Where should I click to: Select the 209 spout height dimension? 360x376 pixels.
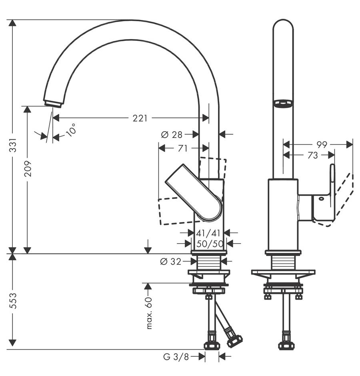[28, 169]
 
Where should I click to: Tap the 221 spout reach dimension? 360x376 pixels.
[140, 118]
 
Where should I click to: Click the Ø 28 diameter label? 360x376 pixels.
[172, 135]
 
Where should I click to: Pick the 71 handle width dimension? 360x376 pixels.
[183, 149]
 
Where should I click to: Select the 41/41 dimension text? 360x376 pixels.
[208, 233]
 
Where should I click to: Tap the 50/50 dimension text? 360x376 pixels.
[210, 244]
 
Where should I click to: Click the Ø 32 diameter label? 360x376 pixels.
[170, 262]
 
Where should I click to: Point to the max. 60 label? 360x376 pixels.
[149, 313]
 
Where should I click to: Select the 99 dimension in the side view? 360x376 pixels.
[322, 144]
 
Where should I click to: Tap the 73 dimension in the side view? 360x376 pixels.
[312, 155]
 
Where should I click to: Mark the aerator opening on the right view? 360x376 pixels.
[283, 103]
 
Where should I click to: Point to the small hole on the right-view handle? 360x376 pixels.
[321, 198]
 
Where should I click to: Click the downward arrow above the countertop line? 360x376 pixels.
[148, 246]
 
